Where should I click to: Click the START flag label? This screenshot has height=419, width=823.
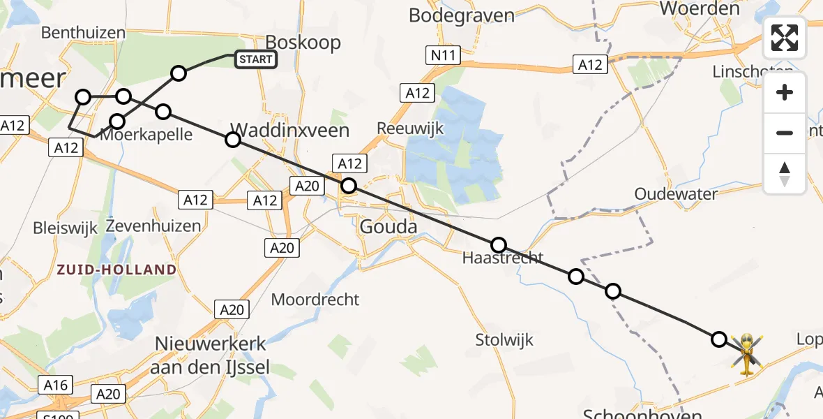coord(256,59)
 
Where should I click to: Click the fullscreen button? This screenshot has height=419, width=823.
coord(785,38)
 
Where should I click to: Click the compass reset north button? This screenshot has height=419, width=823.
coord(785,174)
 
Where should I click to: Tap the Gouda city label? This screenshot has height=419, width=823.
coord(388,226)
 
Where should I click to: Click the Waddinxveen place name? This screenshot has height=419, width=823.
coord(289,130)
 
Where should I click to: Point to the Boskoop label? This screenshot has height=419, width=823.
coord(307,42)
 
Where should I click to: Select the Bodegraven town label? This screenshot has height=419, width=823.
coord(461,15)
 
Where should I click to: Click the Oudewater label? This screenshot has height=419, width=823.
coord(676,193)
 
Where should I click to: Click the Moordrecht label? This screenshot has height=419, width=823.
coord(315,300)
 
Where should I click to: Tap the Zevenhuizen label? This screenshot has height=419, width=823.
coord(153,226)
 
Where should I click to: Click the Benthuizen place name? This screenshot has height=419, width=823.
coord(84,33)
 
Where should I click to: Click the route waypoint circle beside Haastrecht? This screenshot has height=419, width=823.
coord(499,245)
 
